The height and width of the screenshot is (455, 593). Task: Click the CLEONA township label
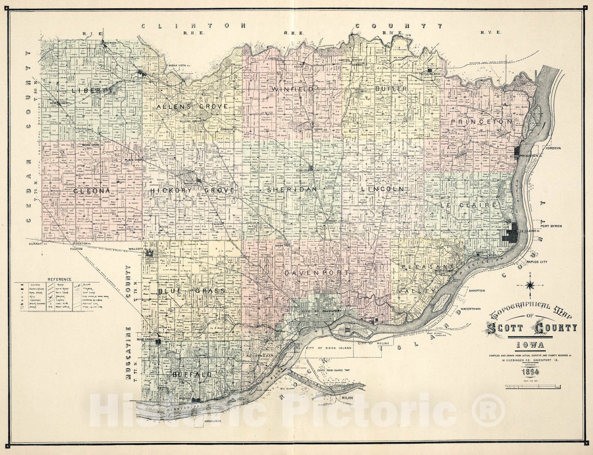pyautogui.click(x=92, y=191)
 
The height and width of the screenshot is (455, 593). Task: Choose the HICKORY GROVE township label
pyautogui.click(x=192, y=190)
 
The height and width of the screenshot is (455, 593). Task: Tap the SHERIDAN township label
pyautogui.click(x=292, y=189)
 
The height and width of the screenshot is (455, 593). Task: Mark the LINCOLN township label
pyautogui.click(x=381, y=189)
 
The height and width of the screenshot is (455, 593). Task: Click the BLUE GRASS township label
pyautogui.click(x=191, y=290)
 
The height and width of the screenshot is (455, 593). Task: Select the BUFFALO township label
pyautogui.click(x=192, y=375)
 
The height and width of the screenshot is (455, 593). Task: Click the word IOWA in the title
pyautogui.click(x=531, y=346)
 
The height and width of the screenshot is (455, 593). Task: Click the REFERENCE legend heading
pyautogui.click(x=59, y=279)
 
